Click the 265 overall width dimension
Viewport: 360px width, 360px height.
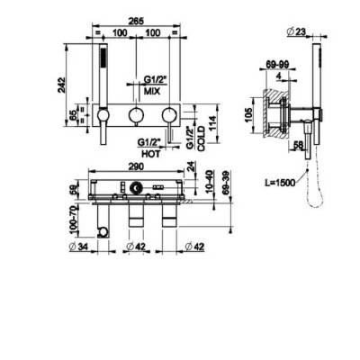tap(136, 21)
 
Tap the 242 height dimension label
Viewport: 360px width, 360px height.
tap(61, 85)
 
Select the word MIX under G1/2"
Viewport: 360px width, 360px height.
tap(152, 91)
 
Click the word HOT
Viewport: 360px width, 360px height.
tap(150, 154)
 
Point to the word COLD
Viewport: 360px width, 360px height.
tap(202, 139)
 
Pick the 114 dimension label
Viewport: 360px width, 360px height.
tap(211, 124)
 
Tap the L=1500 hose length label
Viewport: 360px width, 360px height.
tap(280, 182)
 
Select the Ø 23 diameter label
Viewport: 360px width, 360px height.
tap(296, 31)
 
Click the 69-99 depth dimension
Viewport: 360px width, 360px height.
tap(277, 64)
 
